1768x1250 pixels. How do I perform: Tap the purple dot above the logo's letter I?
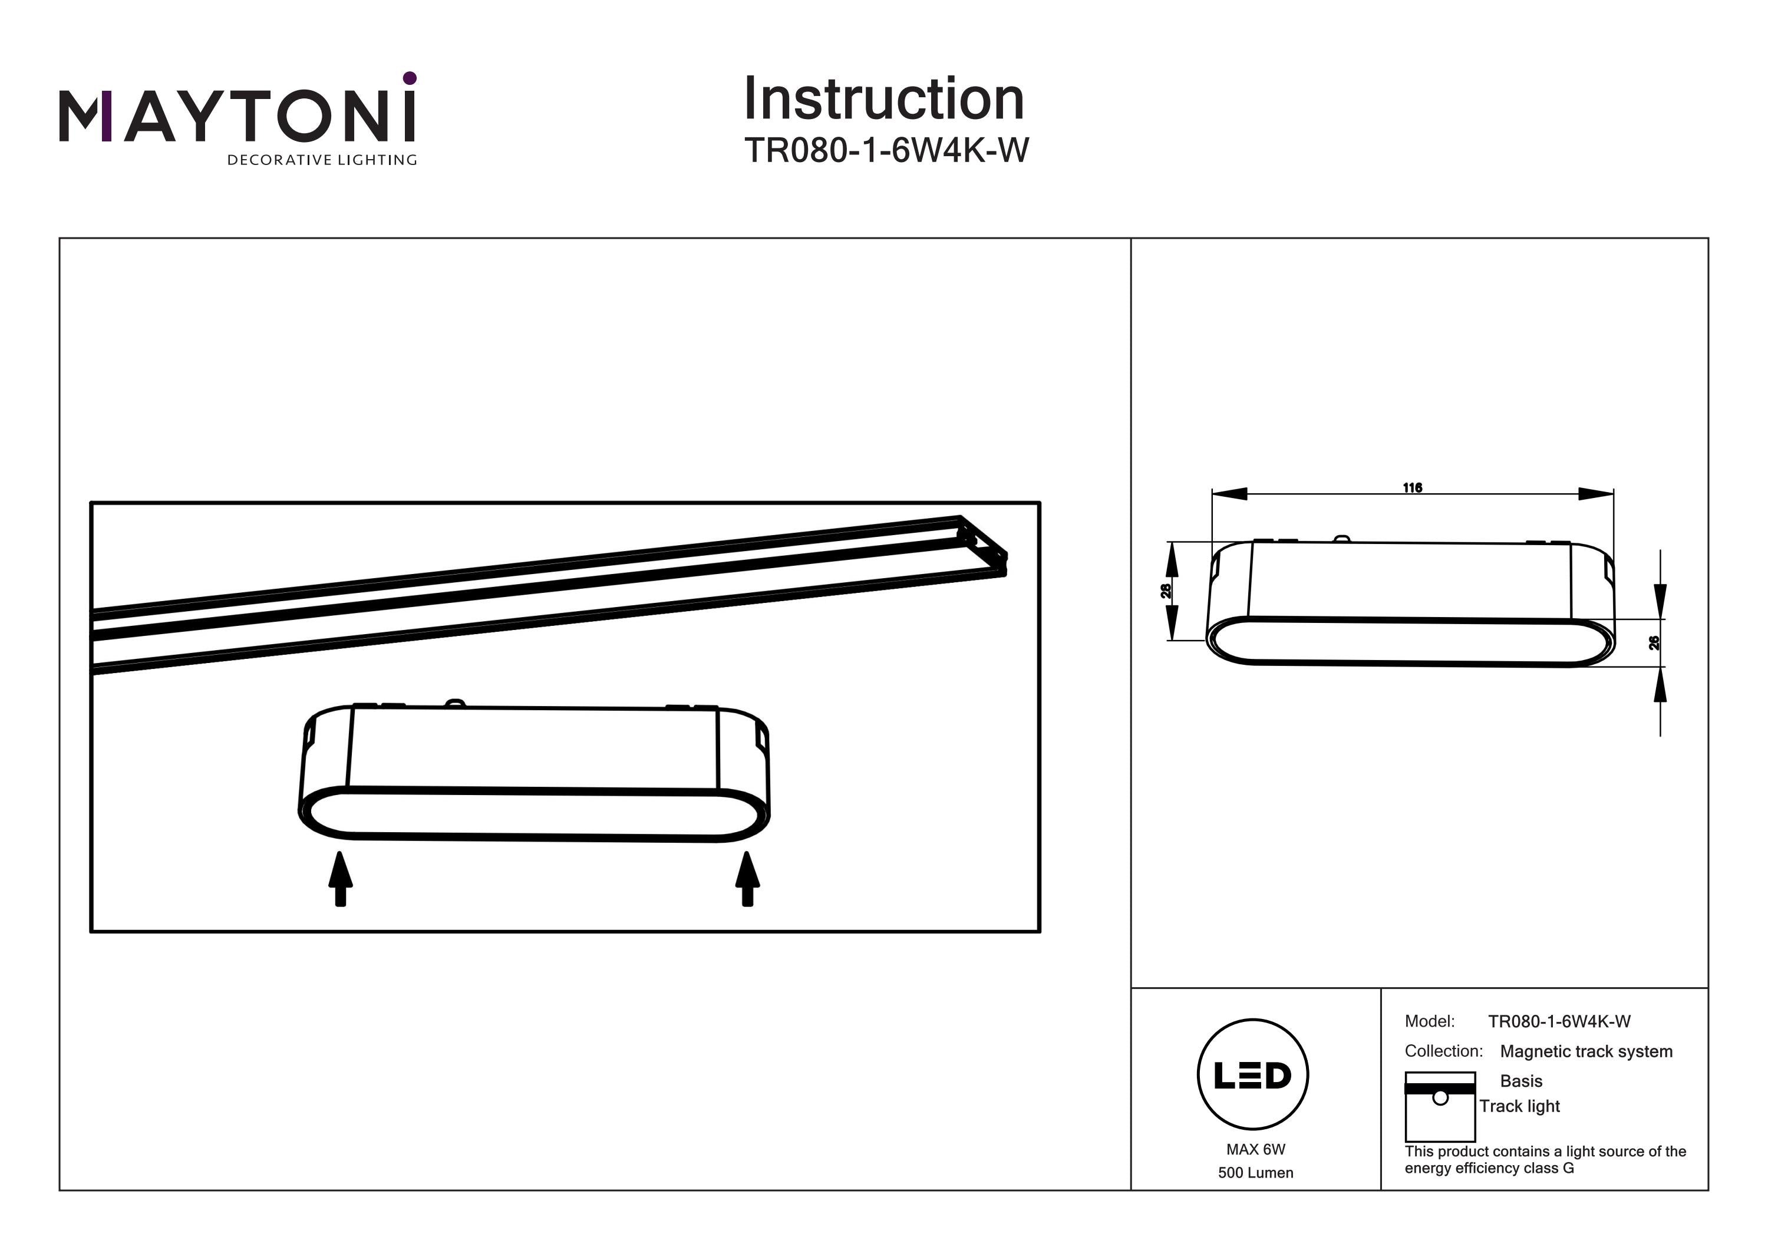410,78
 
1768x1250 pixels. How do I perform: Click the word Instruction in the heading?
883,100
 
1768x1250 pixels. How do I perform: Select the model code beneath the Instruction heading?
886,150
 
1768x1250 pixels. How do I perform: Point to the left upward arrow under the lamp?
341,879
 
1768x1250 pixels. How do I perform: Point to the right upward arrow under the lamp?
747,879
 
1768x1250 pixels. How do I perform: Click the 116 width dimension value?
1412,487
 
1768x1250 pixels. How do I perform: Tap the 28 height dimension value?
1166,591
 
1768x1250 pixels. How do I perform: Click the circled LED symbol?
1253,1075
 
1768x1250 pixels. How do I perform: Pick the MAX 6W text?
1255,1149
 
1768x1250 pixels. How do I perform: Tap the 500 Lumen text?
1255,1173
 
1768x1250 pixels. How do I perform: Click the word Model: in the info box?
1429,1021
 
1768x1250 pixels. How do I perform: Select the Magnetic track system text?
1586,1051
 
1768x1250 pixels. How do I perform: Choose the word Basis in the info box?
1521,1081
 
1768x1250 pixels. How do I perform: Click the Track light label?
1519,1106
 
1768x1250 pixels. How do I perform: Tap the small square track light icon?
1439,1107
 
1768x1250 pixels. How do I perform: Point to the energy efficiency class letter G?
1569,1168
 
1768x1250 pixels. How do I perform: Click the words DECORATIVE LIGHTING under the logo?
322,160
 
